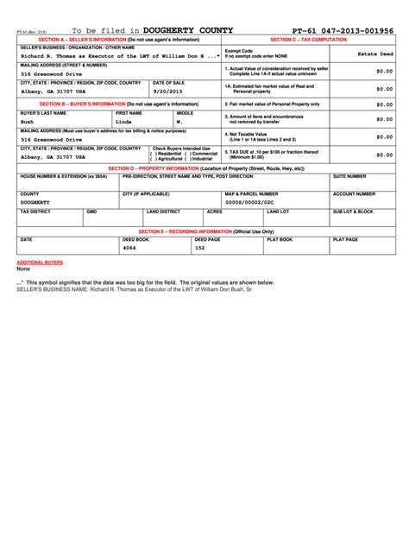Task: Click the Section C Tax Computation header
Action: (x=308, y=40)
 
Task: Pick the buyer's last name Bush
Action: (x=28, y=123)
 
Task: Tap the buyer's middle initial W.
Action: (x=179, y=123)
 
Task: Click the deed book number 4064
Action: (x=129, y=248)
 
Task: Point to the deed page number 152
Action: (x=200, y=248)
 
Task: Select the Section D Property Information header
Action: (x=206, y=168)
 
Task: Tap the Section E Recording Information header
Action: (x=206, y=231)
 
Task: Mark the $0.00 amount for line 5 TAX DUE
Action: (x=385, y=155)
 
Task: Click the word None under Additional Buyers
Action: (x=24, y=269)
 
